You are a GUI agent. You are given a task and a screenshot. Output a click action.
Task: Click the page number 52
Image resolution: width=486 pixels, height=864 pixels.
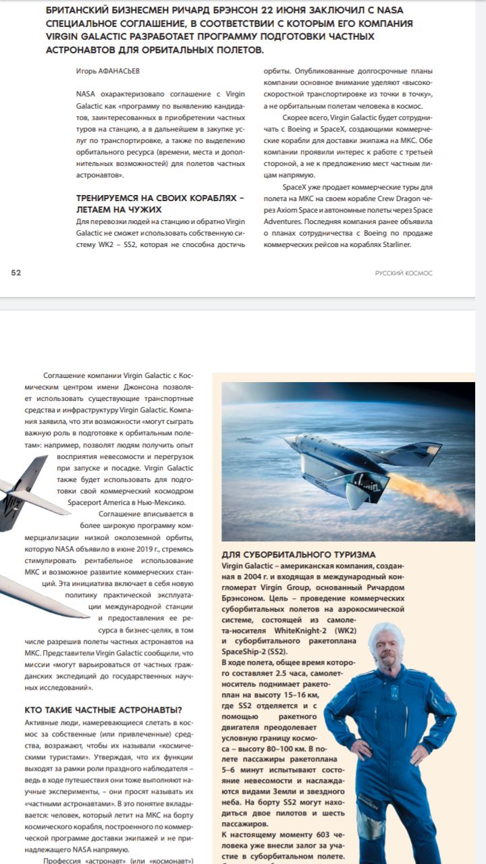pyautogui.click(x=16, y=273)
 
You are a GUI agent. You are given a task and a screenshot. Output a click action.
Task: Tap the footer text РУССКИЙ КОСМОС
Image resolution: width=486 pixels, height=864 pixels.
pyautogui.click(x=404, y=273)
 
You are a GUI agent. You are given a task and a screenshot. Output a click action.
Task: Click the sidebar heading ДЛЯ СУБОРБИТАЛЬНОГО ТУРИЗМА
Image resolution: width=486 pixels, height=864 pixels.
pyautogui.click(x=298, y=554)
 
